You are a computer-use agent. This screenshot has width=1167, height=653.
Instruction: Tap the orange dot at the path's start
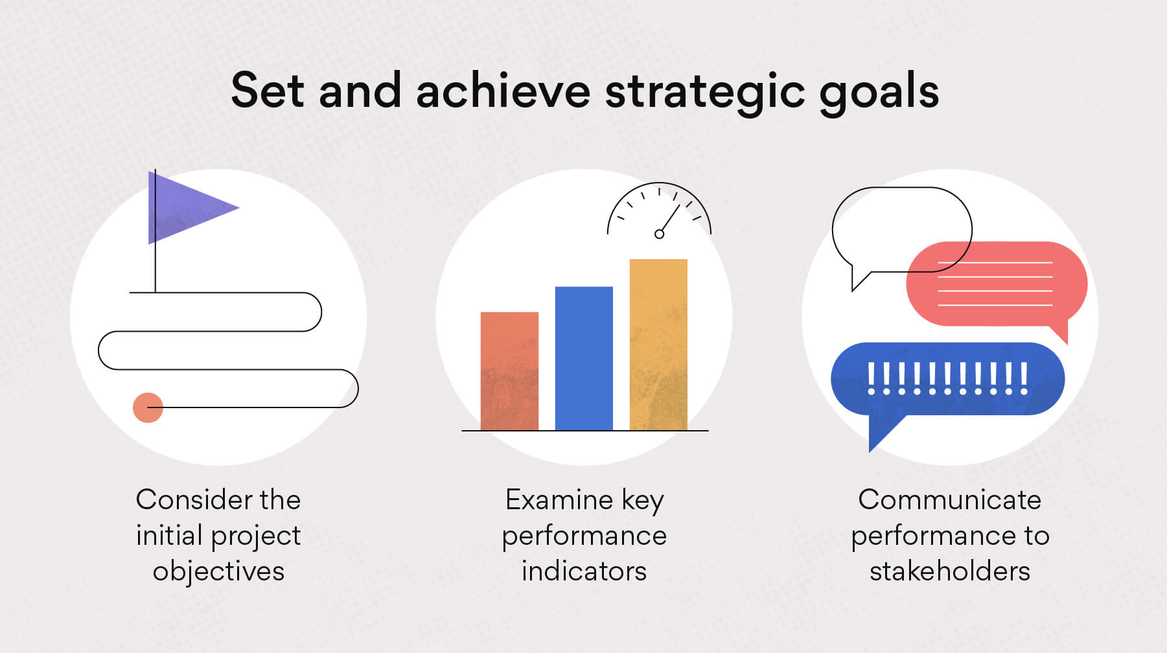(148, 407)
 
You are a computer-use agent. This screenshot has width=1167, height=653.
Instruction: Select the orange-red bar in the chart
(509, 371)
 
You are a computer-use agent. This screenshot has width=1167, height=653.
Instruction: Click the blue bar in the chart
(584, 358)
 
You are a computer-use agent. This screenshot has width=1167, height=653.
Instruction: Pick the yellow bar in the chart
(658, 345)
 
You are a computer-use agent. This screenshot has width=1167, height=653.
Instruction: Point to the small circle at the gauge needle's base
(659, 234)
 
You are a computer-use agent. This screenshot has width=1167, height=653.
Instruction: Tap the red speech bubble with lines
(996, 285)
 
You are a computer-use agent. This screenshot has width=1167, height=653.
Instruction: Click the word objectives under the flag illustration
(218, 572)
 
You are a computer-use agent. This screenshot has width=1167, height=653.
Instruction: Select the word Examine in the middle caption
(559, 499)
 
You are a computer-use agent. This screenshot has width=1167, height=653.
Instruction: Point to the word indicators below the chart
(584, 571)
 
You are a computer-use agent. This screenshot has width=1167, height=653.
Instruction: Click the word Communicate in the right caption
(950, 499)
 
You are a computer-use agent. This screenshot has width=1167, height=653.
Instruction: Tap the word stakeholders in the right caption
(950, 571)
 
